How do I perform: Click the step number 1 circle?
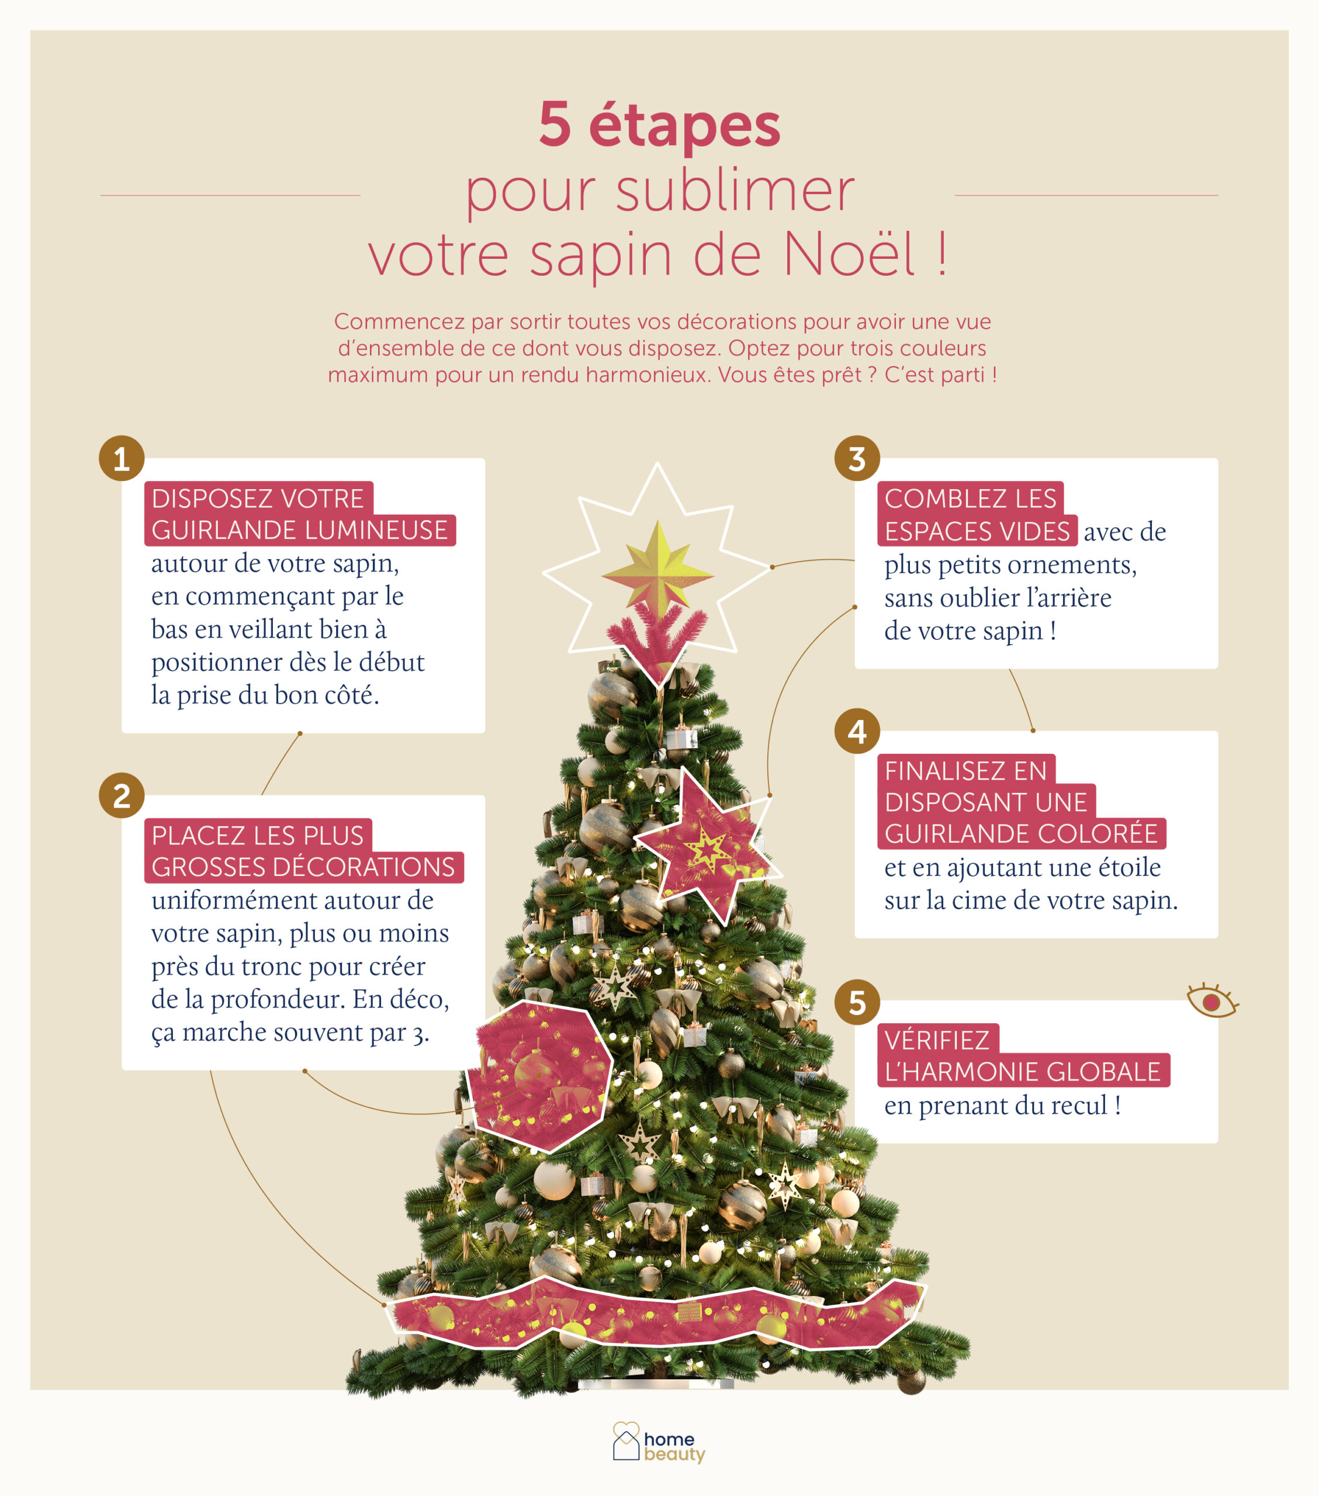122,458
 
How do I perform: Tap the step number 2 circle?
122,795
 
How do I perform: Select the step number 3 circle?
857,458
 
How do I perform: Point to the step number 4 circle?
857,730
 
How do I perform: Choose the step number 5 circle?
857,1002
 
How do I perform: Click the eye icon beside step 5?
1212,1000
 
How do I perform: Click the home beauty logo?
659,1442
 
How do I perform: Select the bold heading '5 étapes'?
659,125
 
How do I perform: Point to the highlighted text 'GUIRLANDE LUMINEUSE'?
299,530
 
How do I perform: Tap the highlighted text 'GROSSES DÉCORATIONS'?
304,867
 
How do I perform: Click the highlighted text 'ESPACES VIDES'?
977,531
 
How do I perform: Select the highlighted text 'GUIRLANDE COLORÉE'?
1021,834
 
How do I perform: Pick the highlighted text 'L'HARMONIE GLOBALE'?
1023,1072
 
